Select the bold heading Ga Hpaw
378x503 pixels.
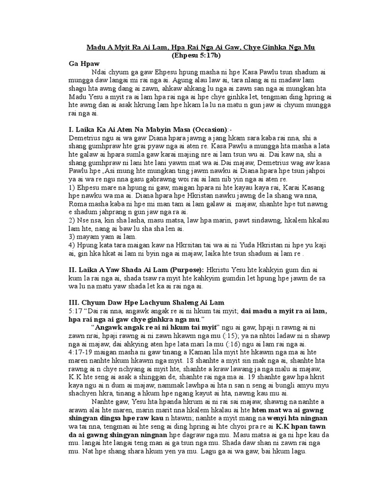84,63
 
